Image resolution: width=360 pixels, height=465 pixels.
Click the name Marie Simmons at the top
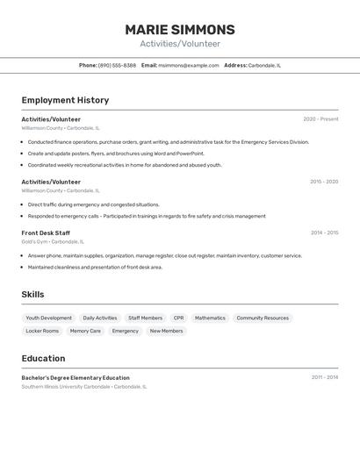pos(180,29)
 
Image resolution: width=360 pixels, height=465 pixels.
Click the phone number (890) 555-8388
pos(117,65)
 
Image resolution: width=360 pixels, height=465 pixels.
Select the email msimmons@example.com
pos(188,65)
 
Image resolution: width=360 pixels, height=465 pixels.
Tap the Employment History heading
pos(65,100)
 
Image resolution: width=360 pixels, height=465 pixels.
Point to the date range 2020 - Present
pos(320,119)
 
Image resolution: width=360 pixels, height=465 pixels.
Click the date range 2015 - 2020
pos(323,182)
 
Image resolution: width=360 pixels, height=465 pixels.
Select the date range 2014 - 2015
pos(324,232)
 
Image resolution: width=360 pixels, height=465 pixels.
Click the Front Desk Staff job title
pos(47,232)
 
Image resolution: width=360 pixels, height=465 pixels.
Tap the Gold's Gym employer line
pos(53,241)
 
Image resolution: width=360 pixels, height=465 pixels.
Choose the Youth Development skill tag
pos(49,318)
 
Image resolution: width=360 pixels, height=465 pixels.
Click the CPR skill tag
pos(178,318)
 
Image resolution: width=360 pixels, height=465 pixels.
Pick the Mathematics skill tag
pos(210,318)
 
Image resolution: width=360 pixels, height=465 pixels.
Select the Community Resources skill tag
pos(263,318)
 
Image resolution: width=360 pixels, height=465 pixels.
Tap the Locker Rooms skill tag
pos(42,331)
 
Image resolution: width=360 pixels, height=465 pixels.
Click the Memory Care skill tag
pos(85,331)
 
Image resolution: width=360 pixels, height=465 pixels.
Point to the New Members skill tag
pos(166,331)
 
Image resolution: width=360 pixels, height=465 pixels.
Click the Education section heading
pos(43,358)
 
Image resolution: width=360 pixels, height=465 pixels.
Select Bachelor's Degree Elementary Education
pos(76,377)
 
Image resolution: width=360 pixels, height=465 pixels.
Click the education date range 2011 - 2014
pos(324,377)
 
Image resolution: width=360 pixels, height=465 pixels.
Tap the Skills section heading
pos(32,294)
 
